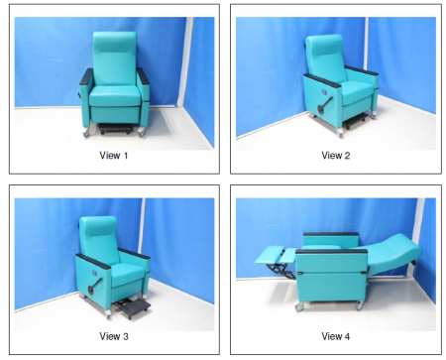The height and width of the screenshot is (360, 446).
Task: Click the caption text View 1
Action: tap(114, 156)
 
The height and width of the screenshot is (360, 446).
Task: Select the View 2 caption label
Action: tap(336, 156)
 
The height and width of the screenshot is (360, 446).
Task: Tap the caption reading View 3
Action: tap(114, 336)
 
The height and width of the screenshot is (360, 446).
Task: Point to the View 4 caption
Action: tap(336, 336)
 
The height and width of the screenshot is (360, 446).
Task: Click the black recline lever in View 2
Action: tap(325, 105)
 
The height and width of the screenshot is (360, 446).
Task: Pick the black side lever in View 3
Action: tap(95, 286)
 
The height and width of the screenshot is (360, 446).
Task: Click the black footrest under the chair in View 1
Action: tap(115, 129)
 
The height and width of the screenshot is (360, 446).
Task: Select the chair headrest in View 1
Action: tap(115, 42)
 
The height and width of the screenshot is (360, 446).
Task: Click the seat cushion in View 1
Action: tap(115, 95)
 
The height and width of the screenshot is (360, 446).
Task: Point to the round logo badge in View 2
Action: tap(324, 91)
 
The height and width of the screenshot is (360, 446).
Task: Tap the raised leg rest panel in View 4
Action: tap(270, 255)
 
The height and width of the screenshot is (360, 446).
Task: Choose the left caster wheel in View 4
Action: tap(299, 306)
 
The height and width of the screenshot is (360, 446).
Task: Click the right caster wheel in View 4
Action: tap(360, 304)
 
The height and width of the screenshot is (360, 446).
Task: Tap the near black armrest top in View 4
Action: tap(331, 252)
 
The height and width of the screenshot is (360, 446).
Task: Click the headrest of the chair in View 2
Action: tap(324, 45)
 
